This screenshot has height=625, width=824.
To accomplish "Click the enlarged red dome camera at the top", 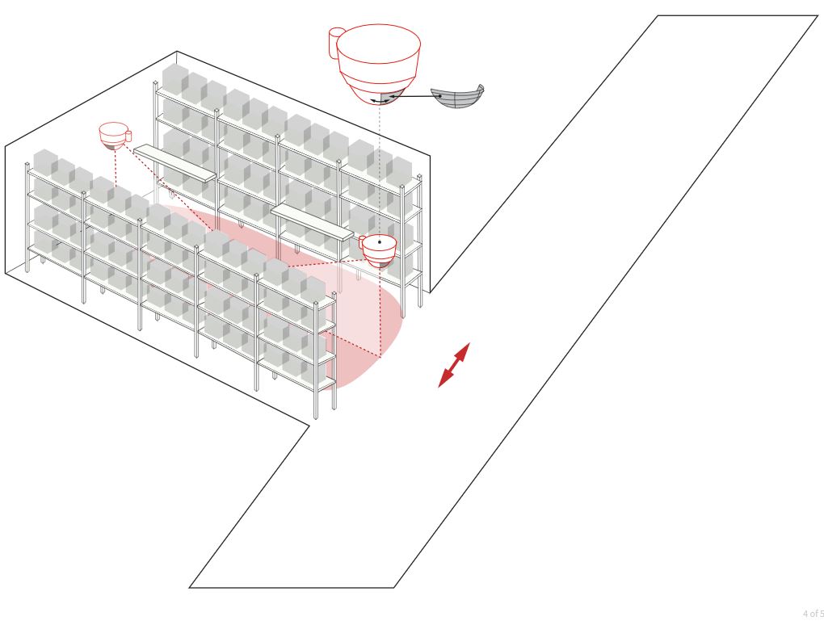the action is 377,63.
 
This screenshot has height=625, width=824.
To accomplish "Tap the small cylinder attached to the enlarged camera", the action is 335,42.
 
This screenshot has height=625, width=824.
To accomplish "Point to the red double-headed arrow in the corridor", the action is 454,365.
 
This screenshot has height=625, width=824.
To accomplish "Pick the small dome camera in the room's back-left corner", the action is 115,136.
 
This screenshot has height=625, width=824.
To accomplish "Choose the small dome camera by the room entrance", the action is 378,251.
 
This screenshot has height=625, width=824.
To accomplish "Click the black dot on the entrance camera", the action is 380,242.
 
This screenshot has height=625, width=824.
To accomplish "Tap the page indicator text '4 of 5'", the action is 813,614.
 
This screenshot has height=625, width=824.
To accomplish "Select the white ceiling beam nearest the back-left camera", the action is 175,163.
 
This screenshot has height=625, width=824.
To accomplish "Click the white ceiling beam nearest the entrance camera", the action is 312,222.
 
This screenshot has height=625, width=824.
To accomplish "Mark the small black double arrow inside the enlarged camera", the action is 380,100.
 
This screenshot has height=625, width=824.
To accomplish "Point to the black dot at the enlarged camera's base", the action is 380,95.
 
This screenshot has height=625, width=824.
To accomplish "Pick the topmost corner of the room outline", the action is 177,52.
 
